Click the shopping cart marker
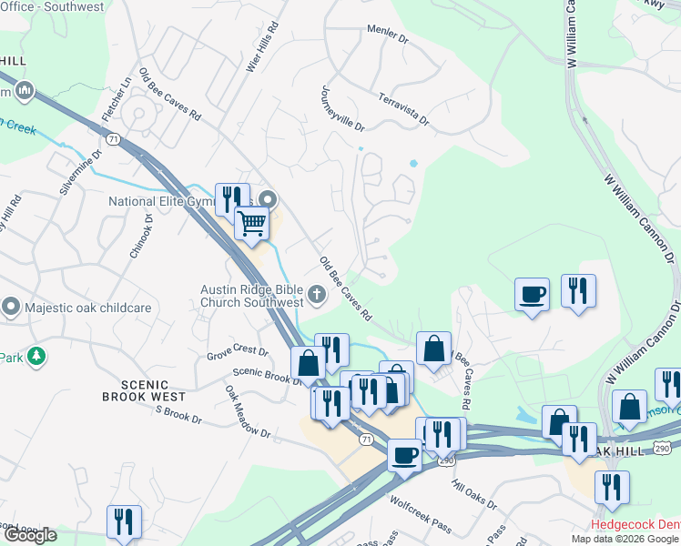(x=251, y=222)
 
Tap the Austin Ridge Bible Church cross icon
(x=317, y=293)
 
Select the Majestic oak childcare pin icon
(x=12, y=307)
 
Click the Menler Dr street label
(x=386, y=34)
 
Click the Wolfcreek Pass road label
(x=421, y=501)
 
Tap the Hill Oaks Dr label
(x=473, y=494)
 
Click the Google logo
(x=29, y=535)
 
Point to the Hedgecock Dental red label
(x=635, y=525)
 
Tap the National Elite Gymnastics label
(x=164, y=201)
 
